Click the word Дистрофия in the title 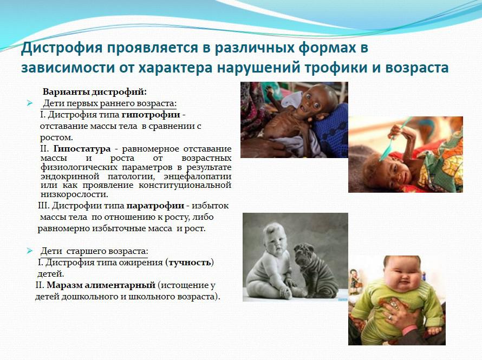pos(62,48)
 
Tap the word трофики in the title pos(336,68)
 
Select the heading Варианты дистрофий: pos(95,92)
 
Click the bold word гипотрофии pos(151,115)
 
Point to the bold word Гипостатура pos(82,149)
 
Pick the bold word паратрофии pos(155,206)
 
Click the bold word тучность pos(190,263)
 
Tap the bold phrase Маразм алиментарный pos(101,285)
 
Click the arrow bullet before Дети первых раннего pos(30,103)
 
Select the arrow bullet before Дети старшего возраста pos(30,251)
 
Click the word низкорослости pos(74,194)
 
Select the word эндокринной pos(70,176)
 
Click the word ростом pos(56,138)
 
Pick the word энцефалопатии pos(197,176)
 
